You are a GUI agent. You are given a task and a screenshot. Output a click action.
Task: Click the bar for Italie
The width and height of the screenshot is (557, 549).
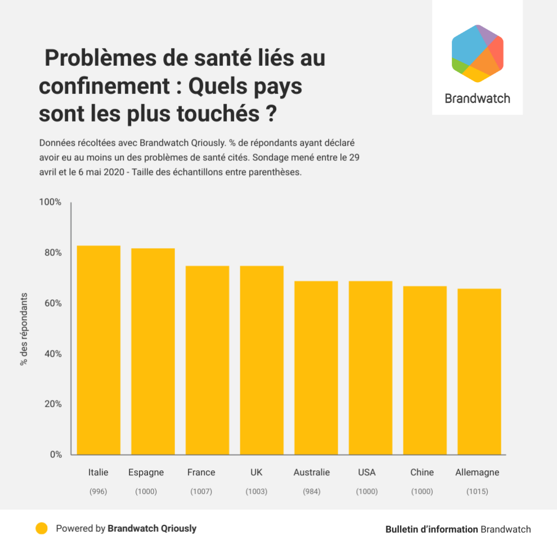tap(98, 350)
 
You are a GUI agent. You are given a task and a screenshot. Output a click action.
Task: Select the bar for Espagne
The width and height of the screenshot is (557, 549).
tap(153, 352)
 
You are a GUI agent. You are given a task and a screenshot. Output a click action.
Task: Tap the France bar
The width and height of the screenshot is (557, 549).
tap(207, 360)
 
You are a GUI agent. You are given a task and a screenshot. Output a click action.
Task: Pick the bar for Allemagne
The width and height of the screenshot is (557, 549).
tap(479, 371)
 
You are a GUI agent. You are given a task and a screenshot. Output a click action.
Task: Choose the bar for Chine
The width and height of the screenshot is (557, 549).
tap(425, 370)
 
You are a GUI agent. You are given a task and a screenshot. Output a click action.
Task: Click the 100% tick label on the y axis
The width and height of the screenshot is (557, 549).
tap(50, 202)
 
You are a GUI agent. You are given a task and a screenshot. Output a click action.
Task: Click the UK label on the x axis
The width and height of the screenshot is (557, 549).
tap(256, 472)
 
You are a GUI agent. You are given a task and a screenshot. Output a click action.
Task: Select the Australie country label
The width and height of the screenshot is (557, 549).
tap(311, 472)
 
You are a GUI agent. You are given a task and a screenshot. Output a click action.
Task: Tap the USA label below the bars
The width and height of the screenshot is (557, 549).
tap(366, 472)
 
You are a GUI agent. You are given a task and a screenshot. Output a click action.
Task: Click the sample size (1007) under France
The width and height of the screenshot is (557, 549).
tap(201, 492)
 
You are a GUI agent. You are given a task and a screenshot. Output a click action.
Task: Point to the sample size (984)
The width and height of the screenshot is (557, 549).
tap(311, 492)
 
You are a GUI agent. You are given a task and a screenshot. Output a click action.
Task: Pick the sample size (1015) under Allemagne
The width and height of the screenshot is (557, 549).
tap(477, 492)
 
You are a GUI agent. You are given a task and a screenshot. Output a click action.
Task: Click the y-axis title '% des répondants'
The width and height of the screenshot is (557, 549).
tap(24, 329)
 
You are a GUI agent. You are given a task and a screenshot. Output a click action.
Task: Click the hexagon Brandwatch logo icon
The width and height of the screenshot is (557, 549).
tap(477, 53)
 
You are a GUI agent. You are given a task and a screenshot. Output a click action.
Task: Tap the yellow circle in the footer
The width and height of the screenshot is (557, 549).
tap(41, 529)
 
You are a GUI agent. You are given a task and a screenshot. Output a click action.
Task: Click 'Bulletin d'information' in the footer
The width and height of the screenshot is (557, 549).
tap(432, 529)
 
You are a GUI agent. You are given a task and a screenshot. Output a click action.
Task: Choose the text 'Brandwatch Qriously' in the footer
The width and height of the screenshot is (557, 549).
tap(152, 529)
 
